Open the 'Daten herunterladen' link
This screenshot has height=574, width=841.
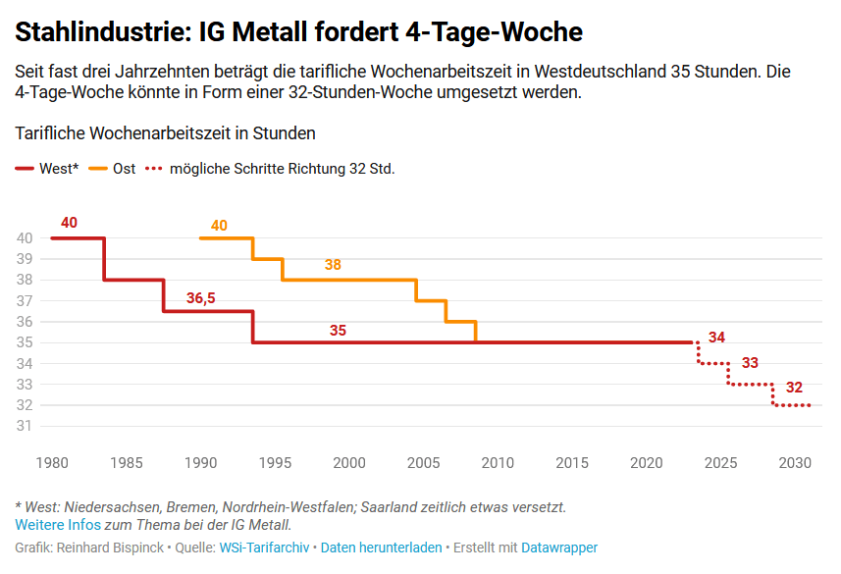pos(381,548)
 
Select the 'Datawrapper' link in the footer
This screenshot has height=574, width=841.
pos(559,548)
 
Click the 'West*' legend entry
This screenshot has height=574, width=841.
pos(47,169)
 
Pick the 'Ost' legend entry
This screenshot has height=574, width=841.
pos(113,169)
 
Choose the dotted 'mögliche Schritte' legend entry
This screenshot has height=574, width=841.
pos(271,169)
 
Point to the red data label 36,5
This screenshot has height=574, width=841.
pos(201,298)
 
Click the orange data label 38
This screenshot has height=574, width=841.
pos(333,265)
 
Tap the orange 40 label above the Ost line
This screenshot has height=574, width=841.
pos(219,226)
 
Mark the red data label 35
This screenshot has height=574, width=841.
pos(338,331)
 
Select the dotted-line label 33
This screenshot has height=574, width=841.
pos(750,363)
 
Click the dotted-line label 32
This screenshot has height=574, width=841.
pos(794,388)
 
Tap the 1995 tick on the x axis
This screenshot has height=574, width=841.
pos(276,463)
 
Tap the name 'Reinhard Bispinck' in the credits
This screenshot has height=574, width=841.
pos(110,548)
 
